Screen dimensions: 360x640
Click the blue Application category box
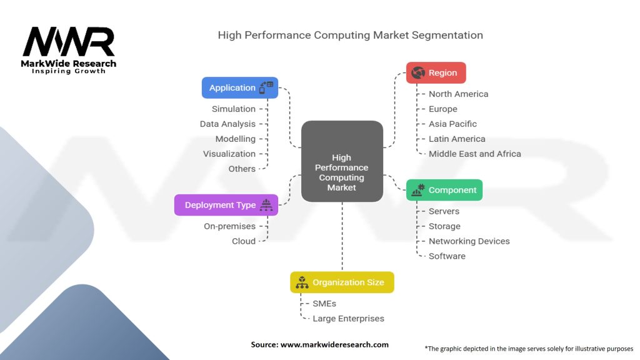click(x=239, y=87)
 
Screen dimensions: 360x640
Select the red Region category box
click(x=436, y=72)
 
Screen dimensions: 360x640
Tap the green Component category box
click(x=444, y=190)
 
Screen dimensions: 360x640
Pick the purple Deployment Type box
click(x=226, y=205)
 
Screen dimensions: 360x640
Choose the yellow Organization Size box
click(x=342, y=282)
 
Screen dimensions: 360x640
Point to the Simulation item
click(x=233, y=109)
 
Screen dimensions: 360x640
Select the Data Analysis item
click(x=227, y=124)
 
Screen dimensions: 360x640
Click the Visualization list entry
click(x=229, y=154)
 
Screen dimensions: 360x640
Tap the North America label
click(x=458, y=94)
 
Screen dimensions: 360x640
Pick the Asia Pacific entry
click(x=452, y=124)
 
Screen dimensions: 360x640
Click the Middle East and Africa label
click(x=474, y=154)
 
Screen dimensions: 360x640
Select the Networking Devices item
click(x=469, y=241)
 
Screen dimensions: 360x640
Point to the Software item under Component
click(x=447, y=256)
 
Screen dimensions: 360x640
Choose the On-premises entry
click(x=229, y=226)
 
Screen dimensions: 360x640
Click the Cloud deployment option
click(x=244, y=241)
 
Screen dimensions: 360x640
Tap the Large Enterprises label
click(x=348, y=319)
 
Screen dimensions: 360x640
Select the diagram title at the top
click(x=350, y=35)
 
